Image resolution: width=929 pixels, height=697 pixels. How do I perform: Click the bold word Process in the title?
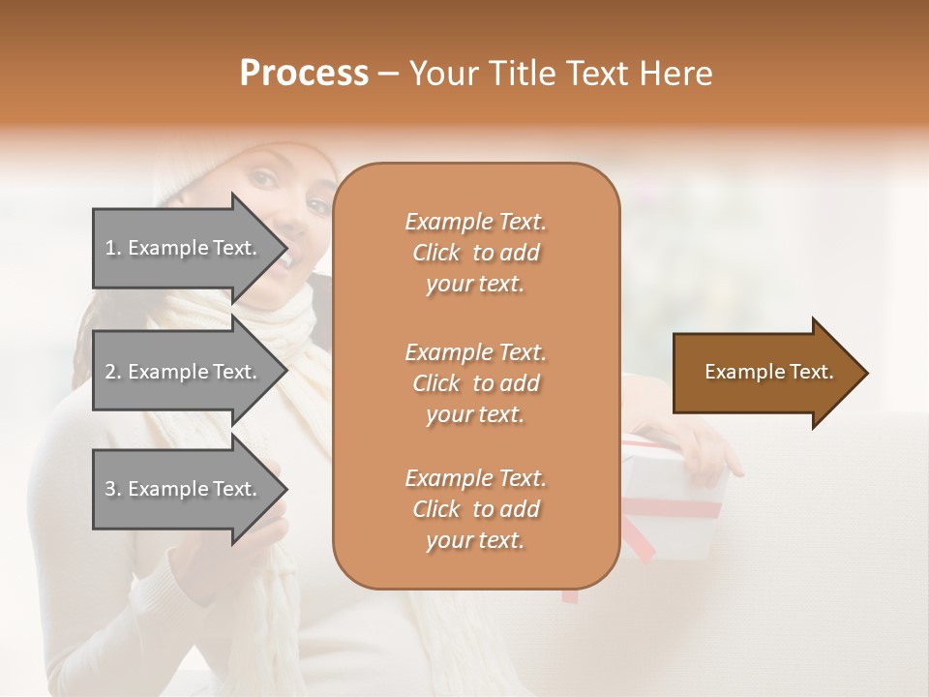[x=304, y=74]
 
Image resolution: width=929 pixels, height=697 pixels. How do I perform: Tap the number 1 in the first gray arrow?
[x=110, y=248]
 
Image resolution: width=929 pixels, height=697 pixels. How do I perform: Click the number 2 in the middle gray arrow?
[x=110, y=372]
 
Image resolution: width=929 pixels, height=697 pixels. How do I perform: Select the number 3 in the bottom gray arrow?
[x=110, y=489]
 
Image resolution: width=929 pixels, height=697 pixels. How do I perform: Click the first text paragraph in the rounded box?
[x=475, y=253]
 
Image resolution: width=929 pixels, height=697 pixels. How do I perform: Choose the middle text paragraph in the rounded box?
[x=475, y=382]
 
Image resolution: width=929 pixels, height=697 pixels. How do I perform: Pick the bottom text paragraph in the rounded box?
[x=475, y=509]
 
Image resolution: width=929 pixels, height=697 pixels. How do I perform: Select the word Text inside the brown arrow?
[x=812, y=372]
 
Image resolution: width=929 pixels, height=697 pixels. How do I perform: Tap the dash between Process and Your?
[x=388, y=75]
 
